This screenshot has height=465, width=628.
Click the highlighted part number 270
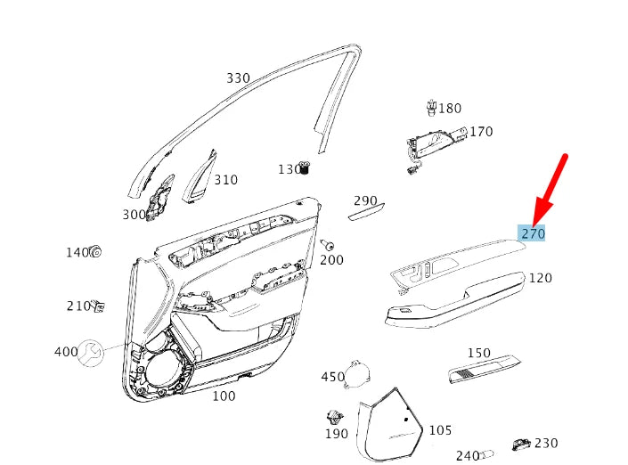[533, 233]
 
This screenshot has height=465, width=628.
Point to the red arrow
[551, 190]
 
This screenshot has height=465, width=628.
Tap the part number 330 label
[238, 78]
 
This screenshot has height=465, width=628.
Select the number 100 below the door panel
[224, 396]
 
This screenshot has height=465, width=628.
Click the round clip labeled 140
[96, 252]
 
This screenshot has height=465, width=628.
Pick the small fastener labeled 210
[99, 306]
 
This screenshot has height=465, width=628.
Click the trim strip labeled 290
[366, 214]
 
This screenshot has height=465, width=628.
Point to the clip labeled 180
[431, 109]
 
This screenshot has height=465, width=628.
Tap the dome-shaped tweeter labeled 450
[358, 374]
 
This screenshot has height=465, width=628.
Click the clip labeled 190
[335, 417]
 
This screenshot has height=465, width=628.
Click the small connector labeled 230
[522, 444]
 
